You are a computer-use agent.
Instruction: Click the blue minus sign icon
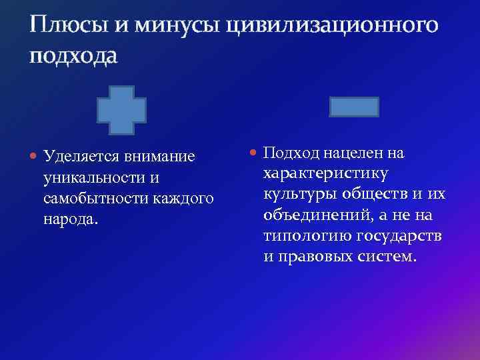[x=355, y=107]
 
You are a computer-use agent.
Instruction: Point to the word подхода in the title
[x=73, y=56]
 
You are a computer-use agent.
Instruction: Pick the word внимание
[x=162, y=157]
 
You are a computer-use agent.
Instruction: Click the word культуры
[x=298, y=195]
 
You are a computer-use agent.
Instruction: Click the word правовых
[x=315, y=257]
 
